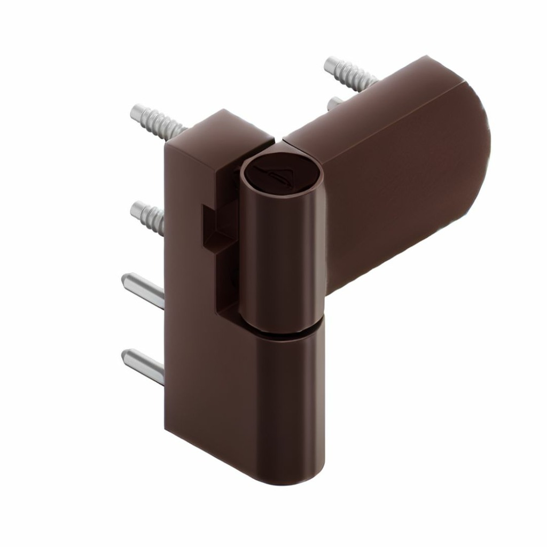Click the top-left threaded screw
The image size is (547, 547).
pos(158,121)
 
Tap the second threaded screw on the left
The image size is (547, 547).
pos(148,215)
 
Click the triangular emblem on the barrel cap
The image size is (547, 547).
pos(280,172)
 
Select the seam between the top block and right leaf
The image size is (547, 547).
pos(278,140)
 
